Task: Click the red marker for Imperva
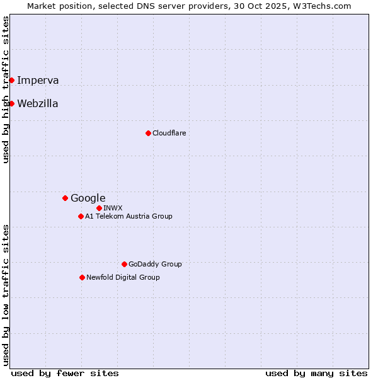coord(11,80)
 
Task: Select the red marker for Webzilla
coord(11,103)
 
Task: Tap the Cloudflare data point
coord(148,133)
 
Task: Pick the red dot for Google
coord(65,198)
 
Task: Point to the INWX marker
coord(99,208)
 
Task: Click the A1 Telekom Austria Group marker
coord(81,216)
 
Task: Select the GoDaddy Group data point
coord(124,264)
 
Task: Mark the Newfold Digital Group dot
coord(82,277)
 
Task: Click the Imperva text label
coord(38,80)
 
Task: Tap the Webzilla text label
coord(38,103)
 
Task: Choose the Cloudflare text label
coord(169,133)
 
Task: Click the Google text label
coord(88,198)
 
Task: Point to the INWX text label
coord(113,208)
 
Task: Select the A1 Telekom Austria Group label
coord(129,216)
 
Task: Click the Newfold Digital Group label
coord(123,277)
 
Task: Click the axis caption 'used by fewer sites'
coord(65,373)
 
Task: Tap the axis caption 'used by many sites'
coord(316,373)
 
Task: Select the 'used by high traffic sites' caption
coord(6,89)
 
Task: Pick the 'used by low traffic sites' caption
coord(6,295)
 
